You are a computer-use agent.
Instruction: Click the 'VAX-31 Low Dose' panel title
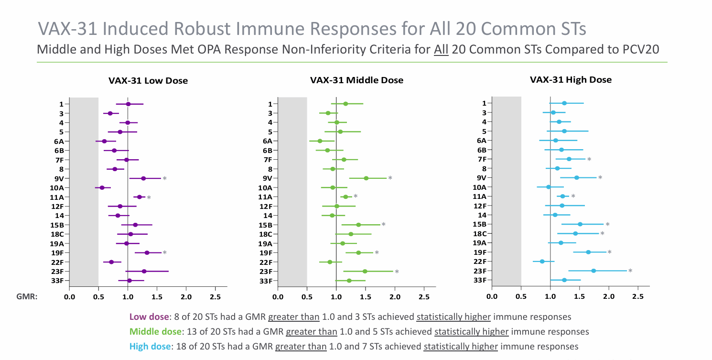click(148, 81)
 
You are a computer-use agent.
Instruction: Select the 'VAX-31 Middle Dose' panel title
click(356, 80)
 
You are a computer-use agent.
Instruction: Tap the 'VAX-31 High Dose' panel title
click(571, 80)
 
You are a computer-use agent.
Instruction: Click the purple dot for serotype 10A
click(102, 188)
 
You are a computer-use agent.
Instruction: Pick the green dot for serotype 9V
click(366, 178)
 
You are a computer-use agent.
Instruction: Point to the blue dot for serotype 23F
click(593, 271)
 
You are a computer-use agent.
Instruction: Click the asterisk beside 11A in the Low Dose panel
click(149, 197)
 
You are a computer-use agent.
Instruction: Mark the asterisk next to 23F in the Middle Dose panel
click(397, 272)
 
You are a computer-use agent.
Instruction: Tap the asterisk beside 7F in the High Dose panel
click(589, 160)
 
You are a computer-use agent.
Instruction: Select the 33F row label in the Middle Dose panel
click(266, 281)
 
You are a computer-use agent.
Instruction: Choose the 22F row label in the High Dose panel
click(480, 262)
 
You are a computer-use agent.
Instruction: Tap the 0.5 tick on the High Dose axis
click(521, 297)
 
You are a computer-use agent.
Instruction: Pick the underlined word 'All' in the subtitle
click(440, 49)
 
